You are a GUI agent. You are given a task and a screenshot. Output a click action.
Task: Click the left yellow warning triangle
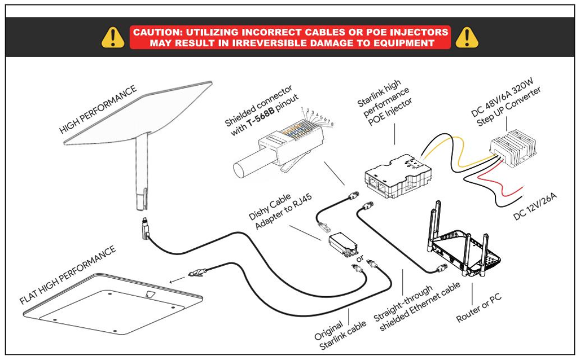113,37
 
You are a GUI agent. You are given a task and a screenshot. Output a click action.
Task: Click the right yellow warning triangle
467,37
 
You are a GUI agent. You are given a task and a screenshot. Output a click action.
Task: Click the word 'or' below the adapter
359,259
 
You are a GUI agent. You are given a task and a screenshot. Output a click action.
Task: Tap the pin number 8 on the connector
331,124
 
